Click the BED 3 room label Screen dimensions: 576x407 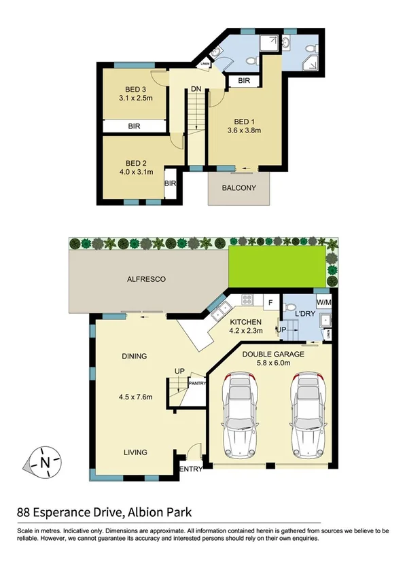click(x=135, y=90)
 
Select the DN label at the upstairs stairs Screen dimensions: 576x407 click(x=196, y=89)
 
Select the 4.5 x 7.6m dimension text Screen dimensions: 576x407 click(x=134, y=397)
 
